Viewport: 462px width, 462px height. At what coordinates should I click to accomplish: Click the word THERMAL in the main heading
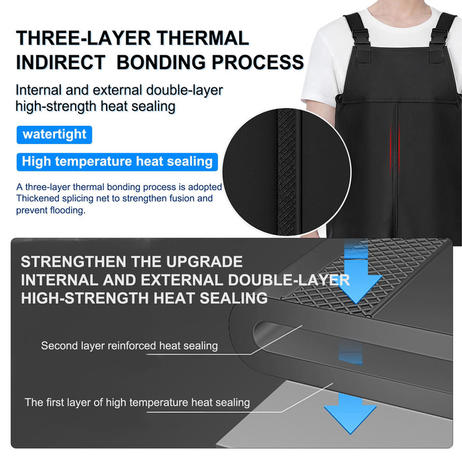click(x=203, y=38)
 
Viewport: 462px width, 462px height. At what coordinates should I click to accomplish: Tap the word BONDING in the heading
click(x=161, y=62)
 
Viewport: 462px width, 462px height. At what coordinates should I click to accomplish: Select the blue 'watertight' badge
click(x=54, y=135)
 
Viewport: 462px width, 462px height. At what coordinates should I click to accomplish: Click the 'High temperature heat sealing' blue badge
click(x=117, y=162)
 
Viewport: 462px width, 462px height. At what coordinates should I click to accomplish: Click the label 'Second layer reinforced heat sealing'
click(x=129, y=345)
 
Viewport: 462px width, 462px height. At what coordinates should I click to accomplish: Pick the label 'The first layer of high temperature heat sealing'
click(x=137, y=403)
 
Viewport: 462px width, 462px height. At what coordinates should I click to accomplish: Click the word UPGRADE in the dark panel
click(x=204, y=261)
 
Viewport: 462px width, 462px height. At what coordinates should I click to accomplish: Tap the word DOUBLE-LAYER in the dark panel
click(x=289, y=280)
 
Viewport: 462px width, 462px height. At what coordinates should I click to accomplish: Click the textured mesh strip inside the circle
click(x=286, y=172)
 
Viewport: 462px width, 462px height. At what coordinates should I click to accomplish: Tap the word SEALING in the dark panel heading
click(x=234, y=298)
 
